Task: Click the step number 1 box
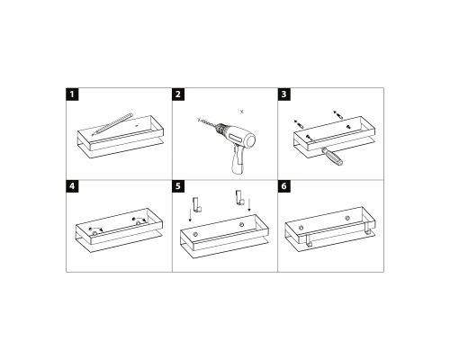(x=73, y=94)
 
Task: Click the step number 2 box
(x=179, y=94)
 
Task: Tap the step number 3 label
(x=285, y=94)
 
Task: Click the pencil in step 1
(x=110, y=124)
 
